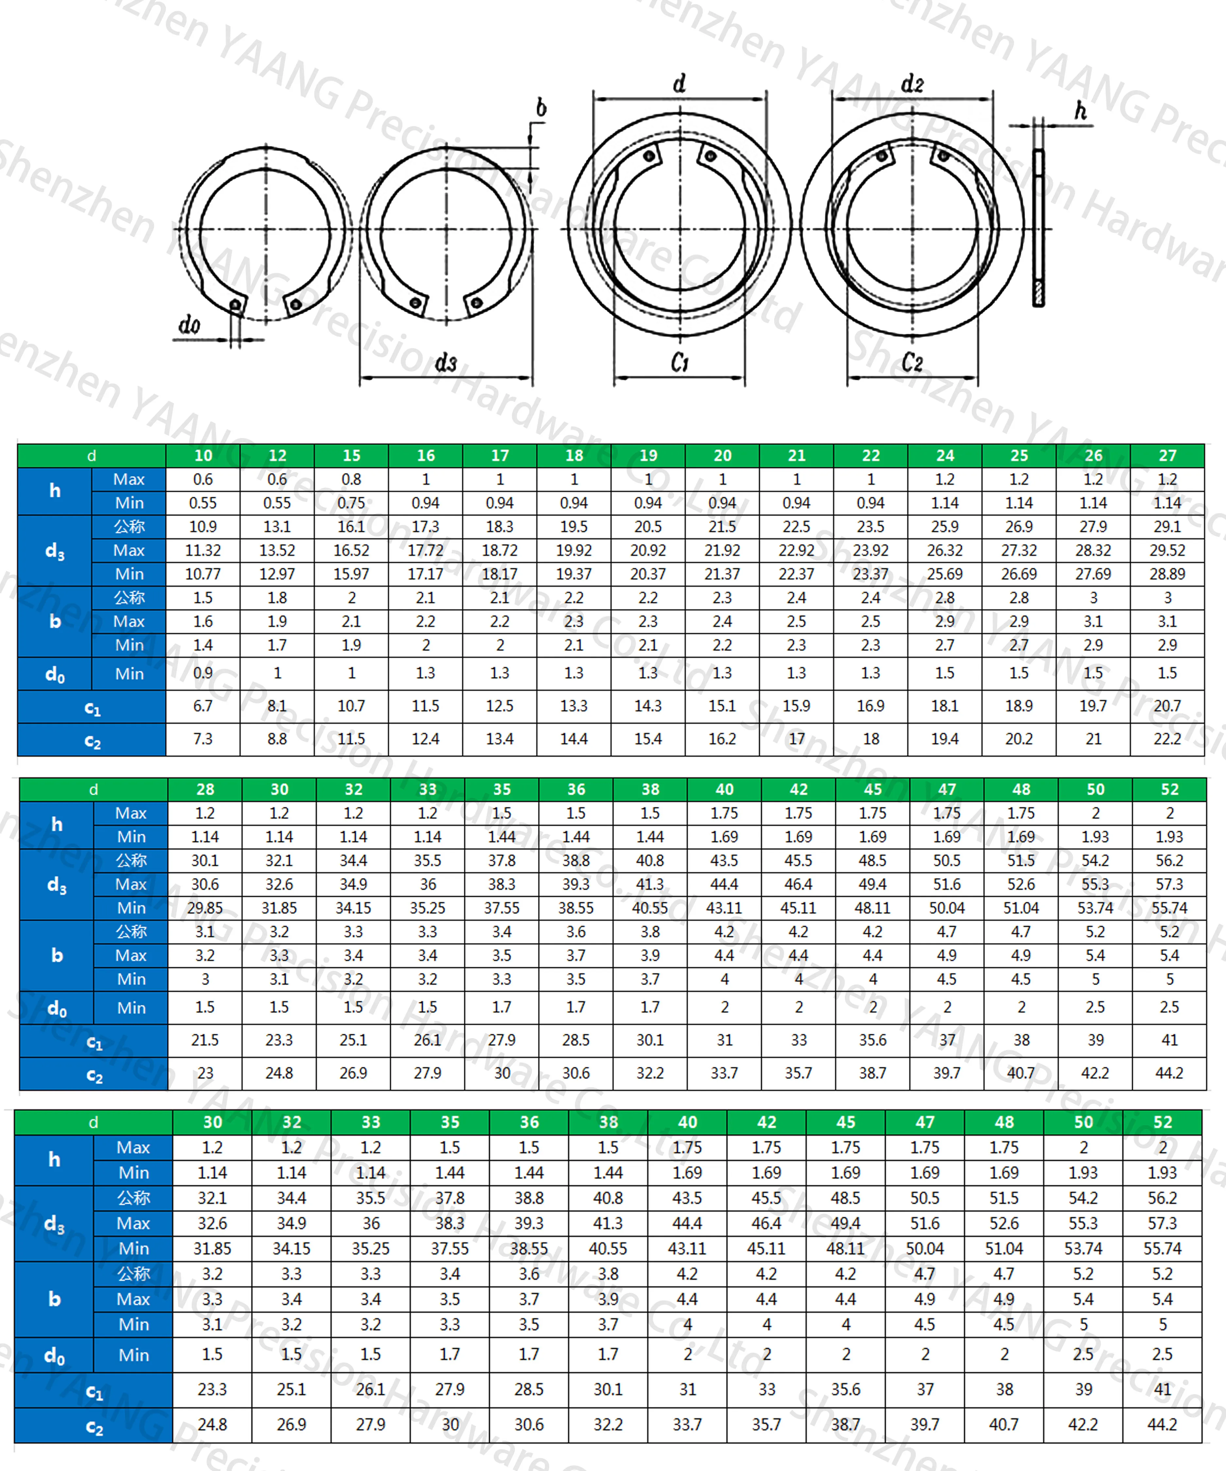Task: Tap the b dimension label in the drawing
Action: pyautogui.click(x=541, y=108)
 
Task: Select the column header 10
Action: pyautogui.click(x=203, y=455)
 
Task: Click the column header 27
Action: pyautogui.click(x=1167, y=455)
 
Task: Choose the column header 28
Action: pyautogui.click(x=205, y=789)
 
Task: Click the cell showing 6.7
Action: pyautogui.click(x=203, y=706)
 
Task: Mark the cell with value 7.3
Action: pyautogui.click(x=203, y=739)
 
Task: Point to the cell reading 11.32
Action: pyautogui.click(x=203, y=550)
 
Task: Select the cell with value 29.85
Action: pyautogui.click(x=205, y=908)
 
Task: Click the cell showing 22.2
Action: pyautogui.click(x=1167, y=739)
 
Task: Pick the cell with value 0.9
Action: pyautogui.click(x=203, y=673)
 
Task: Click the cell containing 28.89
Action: pyautogui.click(x=1167, y=574)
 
